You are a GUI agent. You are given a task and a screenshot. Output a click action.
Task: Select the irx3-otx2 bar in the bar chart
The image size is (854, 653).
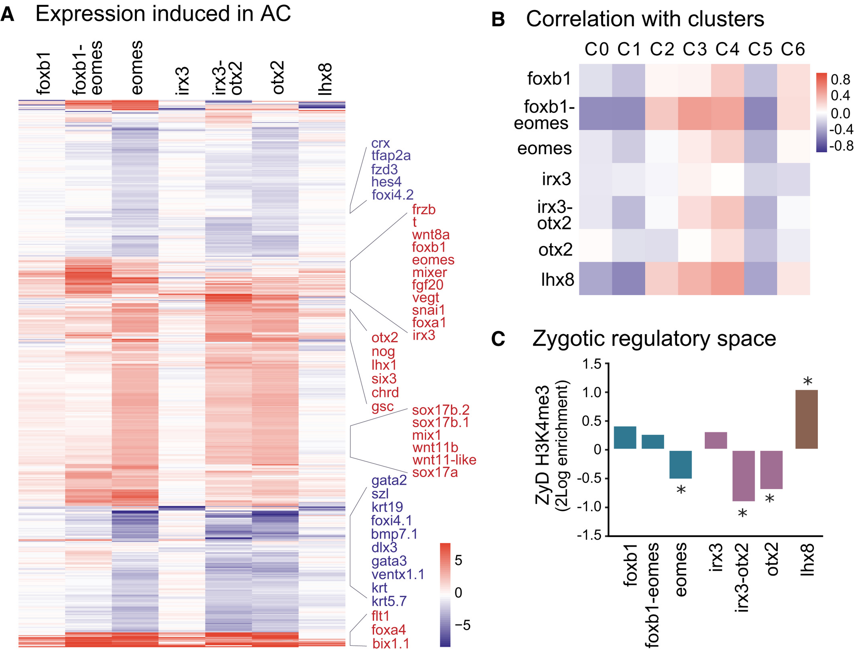click(x=743, y=475)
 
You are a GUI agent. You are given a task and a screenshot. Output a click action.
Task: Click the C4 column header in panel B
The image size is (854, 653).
click(x=727, y=49)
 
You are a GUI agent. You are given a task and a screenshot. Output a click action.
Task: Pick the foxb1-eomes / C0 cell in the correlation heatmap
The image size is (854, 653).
click(x=596, y=114)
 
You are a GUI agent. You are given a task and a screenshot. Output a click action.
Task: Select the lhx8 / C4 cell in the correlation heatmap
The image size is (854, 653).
click(x=727, y=279)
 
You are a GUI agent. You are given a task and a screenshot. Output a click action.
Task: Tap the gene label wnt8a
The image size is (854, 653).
click(x=431, y=235)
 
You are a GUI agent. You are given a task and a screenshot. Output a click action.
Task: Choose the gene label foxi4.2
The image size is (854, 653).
click(x=392, y=195)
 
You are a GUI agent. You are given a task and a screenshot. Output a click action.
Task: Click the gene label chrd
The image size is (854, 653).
click(x=385, y=392)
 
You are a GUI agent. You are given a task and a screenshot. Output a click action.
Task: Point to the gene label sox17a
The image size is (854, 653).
click(x=435, y=472)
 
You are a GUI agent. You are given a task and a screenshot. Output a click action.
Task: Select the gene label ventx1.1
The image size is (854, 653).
click(x=398, y=574)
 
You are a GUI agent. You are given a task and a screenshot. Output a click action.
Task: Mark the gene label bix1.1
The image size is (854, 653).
click(x=390, y=643)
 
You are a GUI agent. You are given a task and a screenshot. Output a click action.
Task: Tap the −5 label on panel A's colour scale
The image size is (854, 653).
click(x=462, y=625)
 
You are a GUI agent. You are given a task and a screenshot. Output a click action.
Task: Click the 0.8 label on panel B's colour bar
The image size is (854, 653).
click(x=840, y=80)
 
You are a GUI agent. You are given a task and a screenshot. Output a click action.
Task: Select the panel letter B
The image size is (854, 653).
click(x=498, y=19)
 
